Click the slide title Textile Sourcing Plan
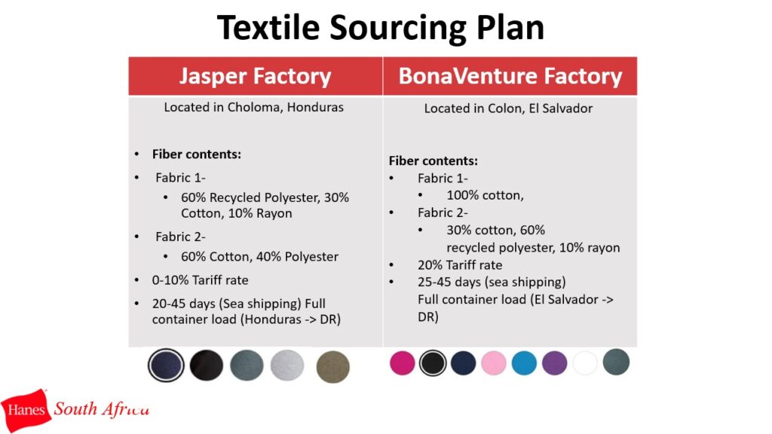(x=381, y=28)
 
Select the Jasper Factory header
(x=255, y=76)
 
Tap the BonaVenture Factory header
(x=510, y=76)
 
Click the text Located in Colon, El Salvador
(x=508, y=108)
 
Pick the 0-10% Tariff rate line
(x=200, y=280)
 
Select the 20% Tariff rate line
(x=460, y=264)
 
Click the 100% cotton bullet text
(x=485, y=195)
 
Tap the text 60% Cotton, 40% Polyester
(x=259, y=256)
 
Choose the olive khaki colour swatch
(x=332, y=367)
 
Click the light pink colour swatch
(x=493, y=363)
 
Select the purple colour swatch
(x=554, y=363)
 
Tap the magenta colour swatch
(x=403, y=363)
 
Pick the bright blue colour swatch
(x=524, y=363)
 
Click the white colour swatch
(x=585, y=363)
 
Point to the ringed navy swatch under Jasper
(x=166, y=365)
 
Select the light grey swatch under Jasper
(x=287, y=365)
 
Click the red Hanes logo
(x=26, y=410)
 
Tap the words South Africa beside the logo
(x=102, y=409)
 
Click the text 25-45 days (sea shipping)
(x=492, y=282)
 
